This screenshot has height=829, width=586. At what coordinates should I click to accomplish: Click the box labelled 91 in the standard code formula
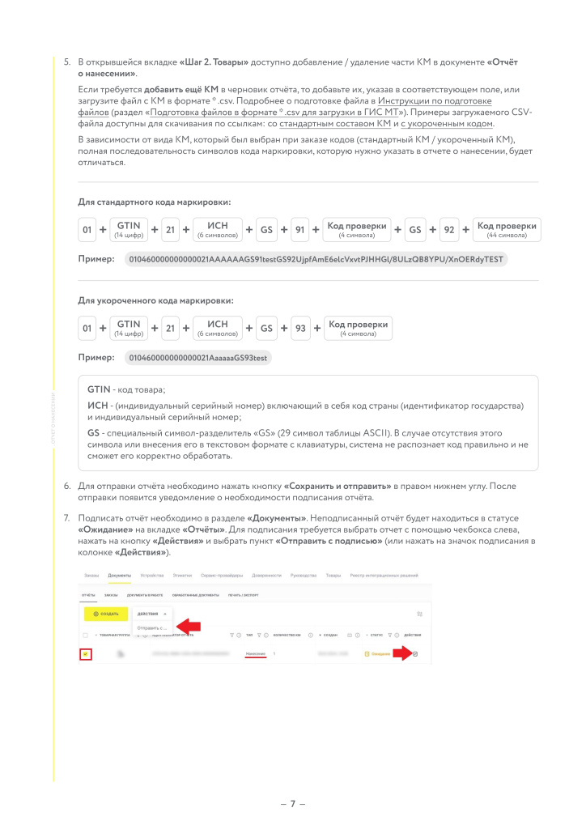click(x=299, y=230)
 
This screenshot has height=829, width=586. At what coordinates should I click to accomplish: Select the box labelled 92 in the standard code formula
click(x=448, y=230)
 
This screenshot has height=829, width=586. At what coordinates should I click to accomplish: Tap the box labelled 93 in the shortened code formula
click(x=300, y=329)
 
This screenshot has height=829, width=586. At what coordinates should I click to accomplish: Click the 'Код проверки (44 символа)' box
click(x=507, y=230)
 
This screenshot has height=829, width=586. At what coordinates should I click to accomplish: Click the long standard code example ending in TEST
click(x=317, y=259)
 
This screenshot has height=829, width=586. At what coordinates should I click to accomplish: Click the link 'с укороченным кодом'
click(x=446, y=124)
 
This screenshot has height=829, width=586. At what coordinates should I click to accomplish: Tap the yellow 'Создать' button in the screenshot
click(x=105, y=614)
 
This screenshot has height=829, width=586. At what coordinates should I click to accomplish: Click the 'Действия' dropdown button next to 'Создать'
click(x=153, y=614)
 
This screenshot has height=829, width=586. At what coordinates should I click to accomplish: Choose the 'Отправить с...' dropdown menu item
click(x=152, y=627)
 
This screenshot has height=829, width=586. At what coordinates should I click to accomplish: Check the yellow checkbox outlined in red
click(x=86, y=654)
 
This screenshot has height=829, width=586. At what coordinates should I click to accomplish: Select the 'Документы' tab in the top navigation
click(x=119, y=575)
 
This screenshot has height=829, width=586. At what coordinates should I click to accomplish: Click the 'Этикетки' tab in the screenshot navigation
click(x=183, y=575)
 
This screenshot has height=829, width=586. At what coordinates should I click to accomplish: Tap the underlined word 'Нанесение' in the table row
click(x=256, y=653)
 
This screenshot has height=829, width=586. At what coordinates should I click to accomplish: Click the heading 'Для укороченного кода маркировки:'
click(x=155, y=300)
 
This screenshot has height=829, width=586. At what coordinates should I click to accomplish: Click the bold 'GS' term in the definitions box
click(x=93, y=433)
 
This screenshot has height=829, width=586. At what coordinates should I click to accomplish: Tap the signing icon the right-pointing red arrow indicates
click(x=415, y=654)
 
